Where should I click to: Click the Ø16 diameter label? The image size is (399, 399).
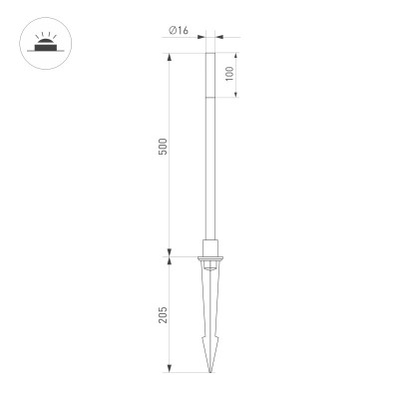180,30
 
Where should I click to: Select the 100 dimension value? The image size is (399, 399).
228,75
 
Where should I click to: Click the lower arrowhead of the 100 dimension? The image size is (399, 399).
236,96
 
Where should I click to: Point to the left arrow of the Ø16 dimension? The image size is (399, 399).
203,39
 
